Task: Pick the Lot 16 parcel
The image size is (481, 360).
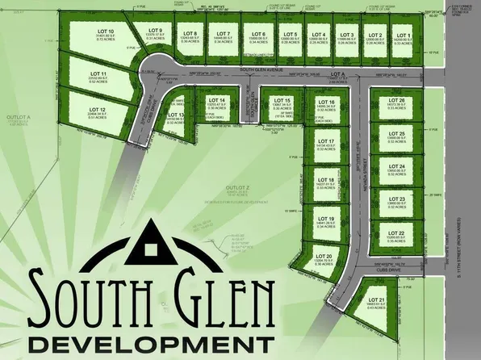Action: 326,105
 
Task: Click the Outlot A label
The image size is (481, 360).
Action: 18,118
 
